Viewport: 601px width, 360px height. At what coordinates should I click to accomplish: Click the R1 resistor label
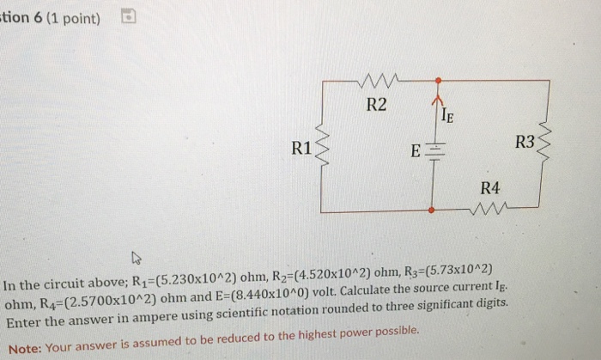coord(301,147)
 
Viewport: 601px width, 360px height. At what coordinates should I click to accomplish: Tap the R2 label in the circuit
coord(376,106)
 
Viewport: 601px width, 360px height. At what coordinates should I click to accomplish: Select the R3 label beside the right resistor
coord(524,141)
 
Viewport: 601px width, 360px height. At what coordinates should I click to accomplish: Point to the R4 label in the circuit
coord(490,187)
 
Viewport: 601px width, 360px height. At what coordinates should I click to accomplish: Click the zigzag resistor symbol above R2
coord(377,82)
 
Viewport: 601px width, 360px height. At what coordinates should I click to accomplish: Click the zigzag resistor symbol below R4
coord(490,208)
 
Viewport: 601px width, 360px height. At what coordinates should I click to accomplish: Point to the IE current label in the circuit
coord(447,113)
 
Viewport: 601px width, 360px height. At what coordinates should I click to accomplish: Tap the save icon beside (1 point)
coord(127,15)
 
